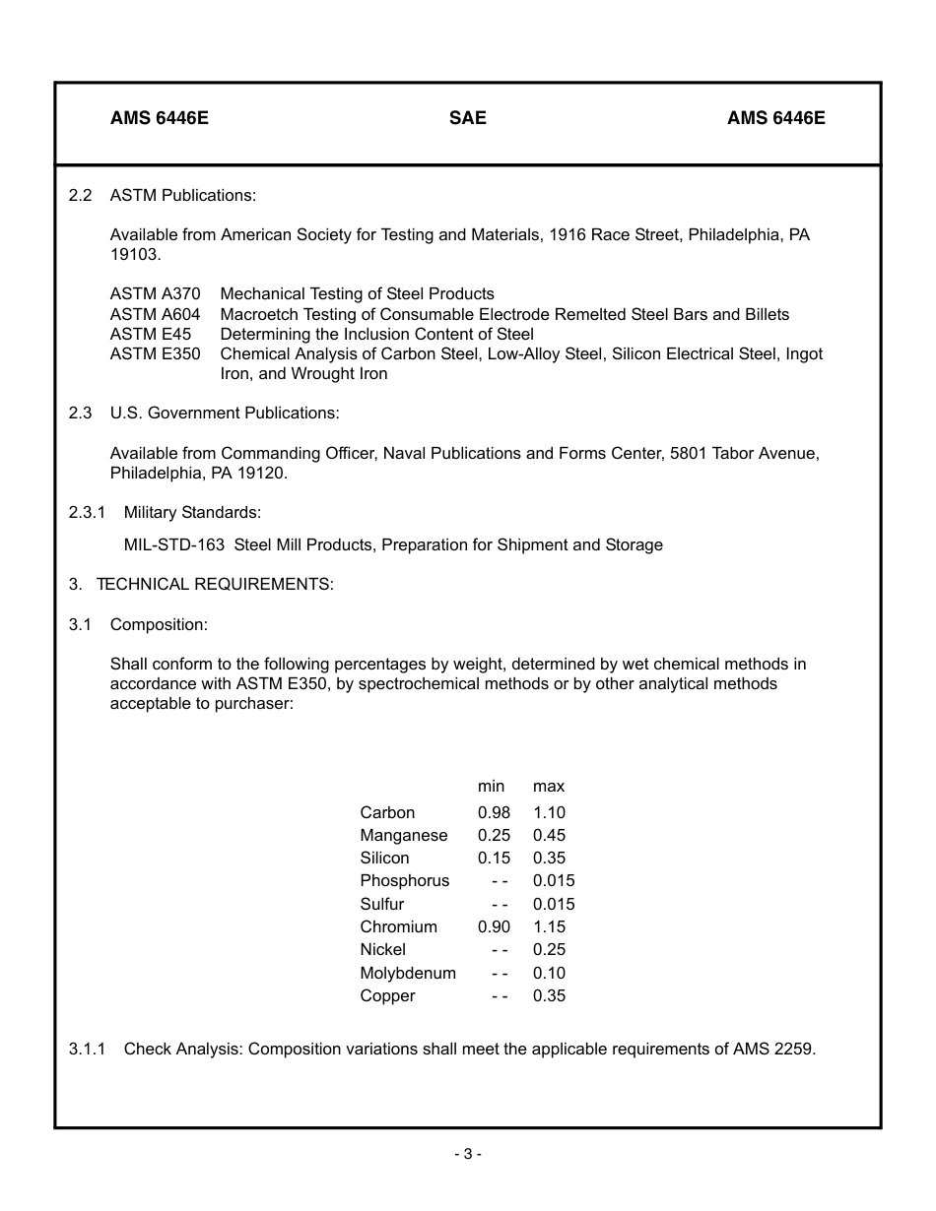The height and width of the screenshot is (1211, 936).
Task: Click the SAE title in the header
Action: (467, 118)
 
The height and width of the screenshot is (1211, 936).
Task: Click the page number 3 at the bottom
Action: (468, 1154)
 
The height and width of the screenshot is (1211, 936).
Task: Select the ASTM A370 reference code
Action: (155, 294)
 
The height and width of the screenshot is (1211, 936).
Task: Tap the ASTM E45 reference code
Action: (150, 334)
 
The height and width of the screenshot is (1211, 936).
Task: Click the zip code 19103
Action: (134, 255)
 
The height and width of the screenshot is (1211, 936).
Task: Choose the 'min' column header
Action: (491, 786)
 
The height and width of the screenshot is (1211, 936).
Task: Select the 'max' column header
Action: (549, 786)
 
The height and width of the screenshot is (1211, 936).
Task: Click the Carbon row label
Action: (387, 812)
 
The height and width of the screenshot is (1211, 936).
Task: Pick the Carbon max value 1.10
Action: (549, 812)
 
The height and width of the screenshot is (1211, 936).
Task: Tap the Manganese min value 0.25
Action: (494, 835)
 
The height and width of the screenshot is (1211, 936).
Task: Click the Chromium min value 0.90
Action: (494, 926)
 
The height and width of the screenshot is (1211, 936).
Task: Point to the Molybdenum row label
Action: (408, 973)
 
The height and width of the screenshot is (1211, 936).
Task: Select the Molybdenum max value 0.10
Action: (549, 973)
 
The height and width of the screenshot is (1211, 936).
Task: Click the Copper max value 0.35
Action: (549, 995)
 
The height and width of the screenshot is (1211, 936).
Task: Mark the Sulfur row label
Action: (382, 904)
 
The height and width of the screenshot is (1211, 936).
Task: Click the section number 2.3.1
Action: (87, 512)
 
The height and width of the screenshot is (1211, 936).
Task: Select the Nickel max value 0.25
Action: (549, 949)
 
